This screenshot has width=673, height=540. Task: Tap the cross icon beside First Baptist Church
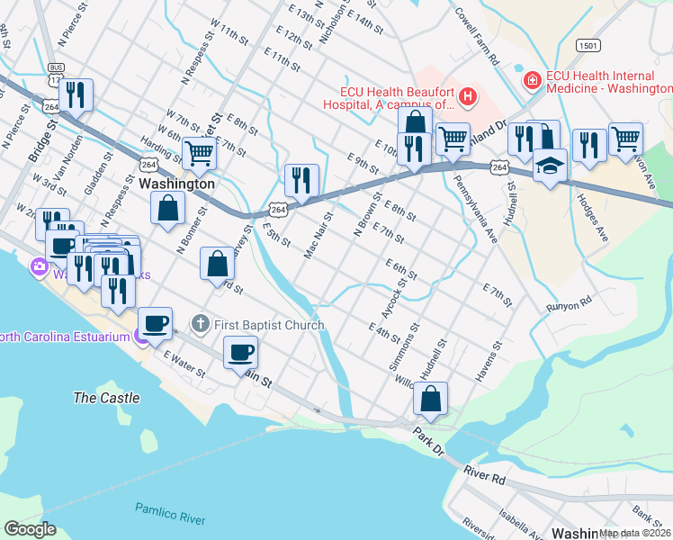click(200, 324)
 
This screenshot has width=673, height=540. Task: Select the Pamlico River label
click(170, 514)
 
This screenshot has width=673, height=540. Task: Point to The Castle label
click(106, 398)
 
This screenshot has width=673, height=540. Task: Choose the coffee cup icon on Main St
click(241, 351)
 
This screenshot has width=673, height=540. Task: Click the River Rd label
click(484, 475)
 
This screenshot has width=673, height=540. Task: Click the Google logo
click(30, 529)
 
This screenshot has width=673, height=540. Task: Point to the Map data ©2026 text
click(635, 533)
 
